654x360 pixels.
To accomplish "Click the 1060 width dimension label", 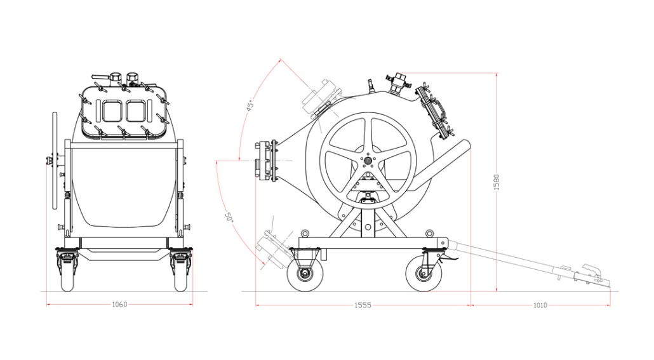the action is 120,305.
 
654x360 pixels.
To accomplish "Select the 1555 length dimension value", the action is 363,305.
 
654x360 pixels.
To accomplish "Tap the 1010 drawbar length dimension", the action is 540,305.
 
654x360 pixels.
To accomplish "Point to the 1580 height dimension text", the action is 497,182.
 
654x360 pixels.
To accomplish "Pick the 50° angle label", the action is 229,217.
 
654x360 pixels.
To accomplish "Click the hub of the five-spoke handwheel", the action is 368,160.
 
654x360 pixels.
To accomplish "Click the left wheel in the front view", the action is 67,270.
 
